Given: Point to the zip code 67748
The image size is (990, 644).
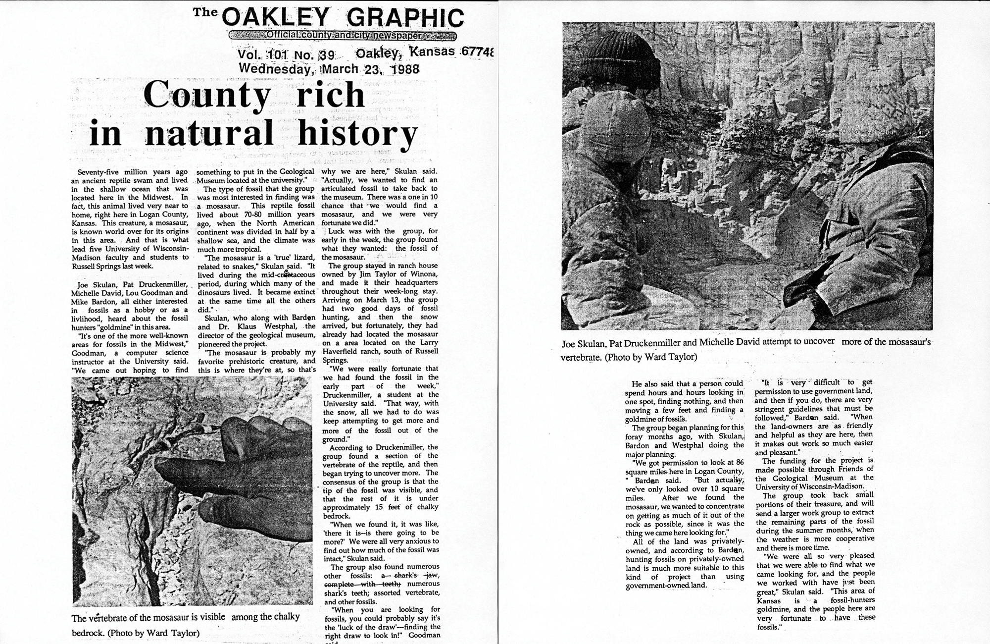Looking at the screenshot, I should [477, 53].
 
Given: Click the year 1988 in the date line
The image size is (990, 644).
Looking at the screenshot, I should [404, 69].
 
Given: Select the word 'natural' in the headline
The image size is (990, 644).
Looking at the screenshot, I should [210, 134].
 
